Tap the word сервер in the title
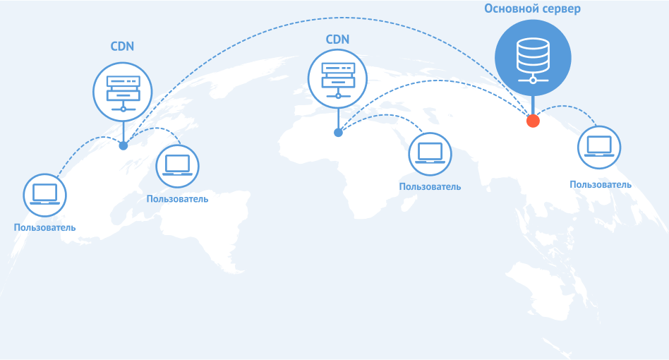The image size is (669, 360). coord(561,9)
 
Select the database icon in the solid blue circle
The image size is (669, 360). coord(533,60)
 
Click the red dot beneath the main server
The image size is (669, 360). coord(533,121)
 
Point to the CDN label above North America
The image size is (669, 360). coord(123,46)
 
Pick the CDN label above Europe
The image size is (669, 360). coord(337,40)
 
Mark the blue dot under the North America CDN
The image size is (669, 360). coord(123,146)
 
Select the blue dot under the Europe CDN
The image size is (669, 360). coord(338,133)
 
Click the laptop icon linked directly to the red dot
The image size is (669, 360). coord(599,147)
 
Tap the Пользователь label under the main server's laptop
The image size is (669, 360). coord(601,185)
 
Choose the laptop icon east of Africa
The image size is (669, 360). coord(430,154)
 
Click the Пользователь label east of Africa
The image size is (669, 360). coord(430,187)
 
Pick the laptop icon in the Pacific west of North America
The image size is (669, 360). coord(44,196)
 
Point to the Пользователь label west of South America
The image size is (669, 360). coord(44,228)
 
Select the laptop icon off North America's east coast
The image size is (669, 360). coord(178,166)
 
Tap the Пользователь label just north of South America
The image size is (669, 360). coord(178,199)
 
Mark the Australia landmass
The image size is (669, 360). coord(540,290)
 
